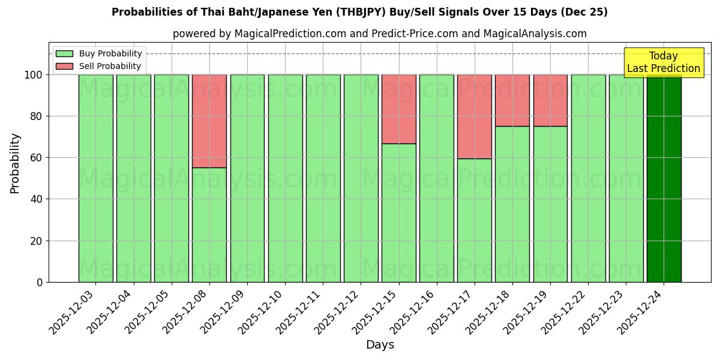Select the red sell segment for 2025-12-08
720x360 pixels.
click(209, 121)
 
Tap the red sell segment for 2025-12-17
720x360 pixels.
click(475, 116)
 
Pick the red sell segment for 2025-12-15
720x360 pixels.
click(398, 109)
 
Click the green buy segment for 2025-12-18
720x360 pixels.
click(512, 204)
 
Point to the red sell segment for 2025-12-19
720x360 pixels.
click(550, 100)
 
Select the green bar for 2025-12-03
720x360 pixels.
click(95, 178)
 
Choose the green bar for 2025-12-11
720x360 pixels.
click(323, 178)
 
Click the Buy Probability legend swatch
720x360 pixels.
click(64, 53)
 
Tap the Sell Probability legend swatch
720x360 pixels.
click(64, 66)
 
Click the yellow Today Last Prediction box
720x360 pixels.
click(664, 62)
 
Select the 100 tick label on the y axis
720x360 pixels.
click(34, 75)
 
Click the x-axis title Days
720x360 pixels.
click(380, 345)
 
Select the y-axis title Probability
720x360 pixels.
click(15, 163)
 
